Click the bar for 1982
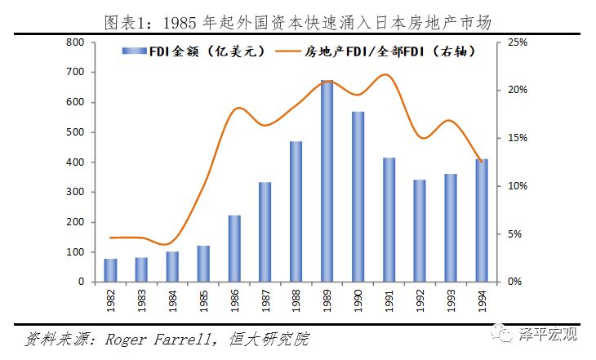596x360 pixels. click(x=110, y=270)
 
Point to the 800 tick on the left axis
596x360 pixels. click(x=75, y=42)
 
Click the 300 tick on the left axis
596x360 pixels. click(x=75, y=192)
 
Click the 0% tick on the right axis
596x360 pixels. click(x=514, y=282)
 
